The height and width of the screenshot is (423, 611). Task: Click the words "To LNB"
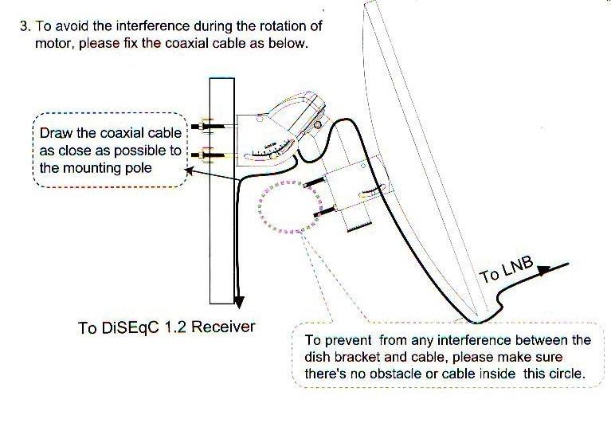[x=506, y=269]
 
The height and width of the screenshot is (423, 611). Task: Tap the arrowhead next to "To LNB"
[x=544, y=270]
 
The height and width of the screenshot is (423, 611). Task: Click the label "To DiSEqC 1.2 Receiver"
[x=166, y=327]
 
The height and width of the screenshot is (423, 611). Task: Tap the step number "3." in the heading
[x=25, y=26]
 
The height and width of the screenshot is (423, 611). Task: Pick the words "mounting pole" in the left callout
[x=108, y=168]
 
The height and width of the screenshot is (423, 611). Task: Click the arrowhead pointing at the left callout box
[x=189, y=170]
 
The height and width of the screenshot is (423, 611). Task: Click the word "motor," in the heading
[x=55, y=44]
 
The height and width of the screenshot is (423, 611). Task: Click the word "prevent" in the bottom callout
[x=348, y=341]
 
